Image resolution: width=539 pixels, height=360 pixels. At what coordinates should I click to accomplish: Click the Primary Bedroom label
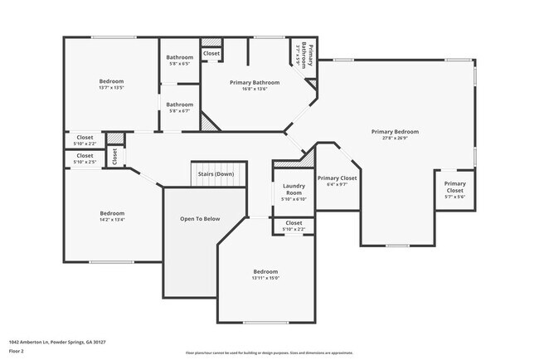click(395, 132)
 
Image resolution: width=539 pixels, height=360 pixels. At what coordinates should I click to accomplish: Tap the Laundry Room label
click(294, 189)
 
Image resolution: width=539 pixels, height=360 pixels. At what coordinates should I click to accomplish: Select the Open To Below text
click(200, 219)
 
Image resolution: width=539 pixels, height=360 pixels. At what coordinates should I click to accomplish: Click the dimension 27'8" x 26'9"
click(395, 139)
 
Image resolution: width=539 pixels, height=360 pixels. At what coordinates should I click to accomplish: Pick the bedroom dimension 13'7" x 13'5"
click(111, 88)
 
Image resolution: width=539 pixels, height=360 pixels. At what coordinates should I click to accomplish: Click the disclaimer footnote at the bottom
click(269, 352)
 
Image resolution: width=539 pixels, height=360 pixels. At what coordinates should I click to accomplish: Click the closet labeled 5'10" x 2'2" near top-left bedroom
click(85, 140)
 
